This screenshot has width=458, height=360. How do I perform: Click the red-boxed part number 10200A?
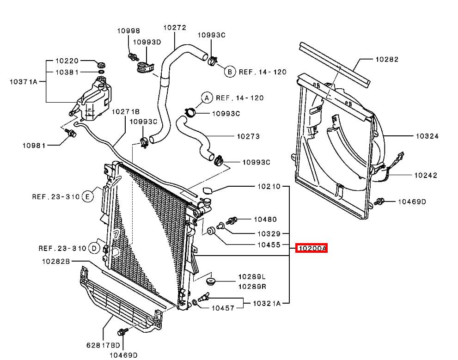pyautogui.click(x=312, y=249)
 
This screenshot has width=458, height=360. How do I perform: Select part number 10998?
pyautogui.click(x=128, y=31)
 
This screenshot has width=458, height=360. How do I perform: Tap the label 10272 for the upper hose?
pyautogui.click(x=175, y=28)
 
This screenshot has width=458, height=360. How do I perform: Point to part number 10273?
pyautogui.click(x=248, y=136)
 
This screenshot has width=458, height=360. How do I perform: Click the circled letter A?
pyautogui.click(x=207, y=98)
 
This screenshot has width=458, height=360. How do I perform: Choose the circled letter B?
pyautogui.click(x=230, y=72)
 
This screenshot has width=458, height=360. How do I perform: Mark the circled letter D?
pyautogui.click(x=94, y=249)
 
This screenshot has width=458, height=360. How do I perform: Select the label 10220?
pyautogui.click(x=67, y=61)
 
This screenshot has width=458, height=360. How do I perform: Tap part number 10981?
pyautogui.click(x=34, y=145)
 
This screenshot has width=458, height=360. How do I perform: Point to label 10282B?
pyautogui.click(x=55, y=261)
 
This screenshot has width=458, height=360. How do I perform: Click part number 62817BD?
pyautogui.click(x=103, y=345)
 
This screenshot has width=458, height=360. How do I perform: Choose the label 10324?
pyautogui.click(x=427, y=136)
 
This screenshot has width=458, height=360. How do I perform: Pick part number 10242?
pyautogui.click(x=426, y=175)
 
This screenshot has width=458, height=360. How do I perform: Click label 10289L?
pyautogui.click(x=252, y=277)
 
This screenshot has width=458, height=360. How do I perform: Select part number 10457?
pyautogui.click(x=223, y=307)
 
